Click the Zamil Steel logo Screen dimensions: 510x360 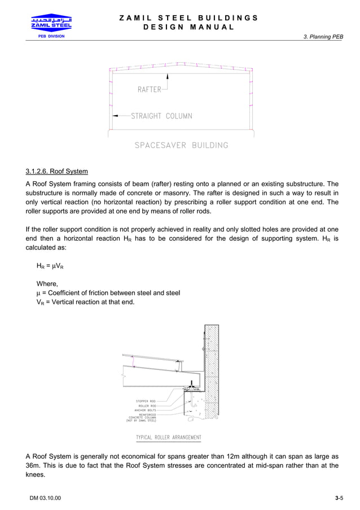click(51, 24)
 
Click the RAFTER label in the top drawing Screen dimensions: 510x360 click(149, 89)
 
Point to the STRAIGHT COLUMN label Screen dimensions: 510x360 click(161, 116)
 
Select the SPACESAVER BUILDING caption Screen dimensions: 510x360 click(181, 145)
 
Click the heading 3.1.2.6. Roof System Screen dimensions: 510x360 click(56, 171)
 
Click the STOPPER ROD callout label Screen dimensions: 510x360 click(146, 401)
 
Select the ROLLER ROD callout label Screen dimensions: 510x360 click(147, 406)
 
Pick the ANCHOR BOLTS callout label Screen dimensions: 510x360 click(144, 410)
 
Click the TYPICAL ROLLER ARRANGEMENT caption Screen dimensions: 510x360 click(168, 438)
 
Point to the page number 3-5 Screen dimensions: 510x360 click(339, 498)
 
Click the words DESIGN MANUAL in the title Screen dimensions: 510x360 click(188, 27)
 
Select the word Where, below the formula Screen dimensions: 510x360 click(47, 284)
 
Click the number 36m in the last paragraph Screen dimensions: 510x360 click(33, 466)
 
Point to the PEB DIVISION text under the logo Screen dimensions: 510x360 click(51, 36)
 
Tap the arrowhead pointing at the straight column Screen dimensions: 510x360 click(115, 116)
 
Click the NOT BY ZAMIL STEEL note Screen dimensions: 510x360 click(141, 421)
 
